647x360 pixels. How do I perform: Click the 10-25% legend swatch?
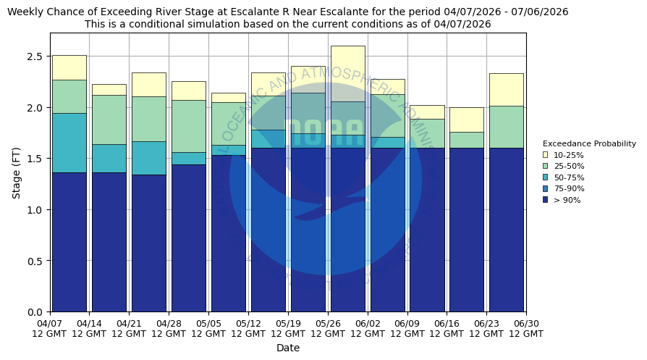pyautogui.click(x=545, y=155)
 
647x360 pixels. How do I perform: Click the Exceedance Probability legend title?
pyautogui.click(x=589, y=143)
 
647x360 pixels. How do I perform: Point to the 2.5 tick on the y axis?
pyautogui.click(x=34, y=56)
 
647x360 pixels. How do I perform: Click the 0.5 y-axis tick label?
pyautogui.click(x=34, y=261)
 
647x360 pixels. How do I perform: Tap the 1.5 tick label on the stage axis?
pyautogui.click(x=34, y=159)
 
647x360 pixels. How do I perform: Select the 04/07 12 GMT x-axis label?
pyautogui.click(x=49, y=328)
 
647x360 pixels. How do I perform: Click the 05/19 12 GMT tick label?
pyautogui.click(x=288, y=328)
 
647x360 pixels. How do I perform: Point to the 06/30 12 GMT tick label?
pyautogui.click(x=525, y=328)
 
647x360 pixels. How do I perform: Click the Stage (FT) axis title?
pyautogui.click(x=17, y=172)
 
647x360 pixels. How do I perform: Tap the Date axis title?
pyautogui.click(x=288, y=348)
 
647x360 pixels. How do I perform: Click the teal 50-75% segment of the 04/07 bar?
pyautogui.click(x=69, y=143)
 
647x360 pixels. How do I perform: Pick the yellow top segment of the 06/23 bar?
pyautogui.click(x=506, y=89)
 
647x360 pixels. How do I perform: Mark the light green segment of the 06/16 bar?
pyautogui.click(x=466, y=140)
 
